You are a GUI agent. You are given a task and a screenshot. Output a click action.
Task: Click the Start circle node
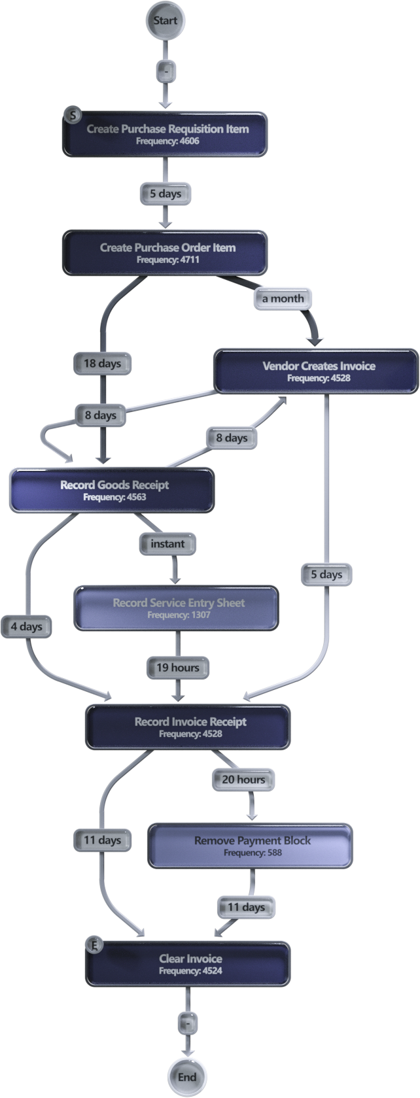coord(165,20)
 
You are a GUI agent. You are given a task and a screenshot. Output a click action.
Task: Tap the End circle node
coord(186,1077)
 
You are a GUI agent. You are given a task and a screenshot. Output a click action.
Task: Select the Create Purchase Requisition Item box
coord(165,134)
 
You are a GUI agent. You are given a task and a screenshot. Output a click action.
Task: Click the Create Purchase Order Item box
coord(165,252)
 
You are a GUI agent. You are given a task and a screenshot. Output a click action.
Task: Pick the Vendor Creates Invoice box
coord(317,371)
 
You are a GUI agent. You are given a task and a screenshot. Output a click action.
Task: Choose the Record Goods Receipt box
coord(111,490)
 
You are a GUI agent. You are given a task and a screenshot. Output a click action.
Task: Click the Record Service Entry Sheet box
coord(177,608)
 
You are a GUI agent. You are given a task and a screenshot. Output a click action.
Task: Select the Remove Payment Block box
coord(251,846)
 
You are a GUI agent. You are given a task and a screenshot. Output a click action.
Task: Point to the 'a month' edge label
coord(283,298)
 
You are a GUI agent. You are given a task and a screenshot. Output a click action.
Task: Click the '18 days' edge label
coord(101,364)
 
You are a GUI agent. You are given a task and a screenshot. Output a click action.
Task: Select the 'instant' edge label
coord(167,543)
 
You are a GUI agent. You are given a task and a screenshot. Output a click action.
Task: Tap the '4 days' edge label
coord(26,626)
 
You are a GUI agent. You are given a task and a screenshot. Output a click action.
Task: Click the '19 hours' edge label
coord(177,668)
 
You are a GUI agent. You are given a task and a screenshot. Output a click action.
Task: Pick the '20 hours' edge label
coord(243,780)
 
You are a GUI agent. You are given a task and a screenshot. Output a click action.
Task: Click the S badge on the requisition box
coord(70,115)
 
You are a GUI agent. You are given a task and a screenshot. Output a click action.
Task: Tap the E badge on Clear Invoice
coord(94,945)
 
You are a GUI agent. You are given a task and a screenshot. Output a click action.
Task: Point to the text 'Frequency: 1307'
coord(178,615)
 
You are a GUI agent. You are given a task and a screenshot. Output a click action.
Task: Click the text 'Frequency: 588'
coord(252,853)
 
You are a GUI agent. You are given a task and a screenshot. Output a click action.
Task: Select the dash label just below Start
coord(164,69)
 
